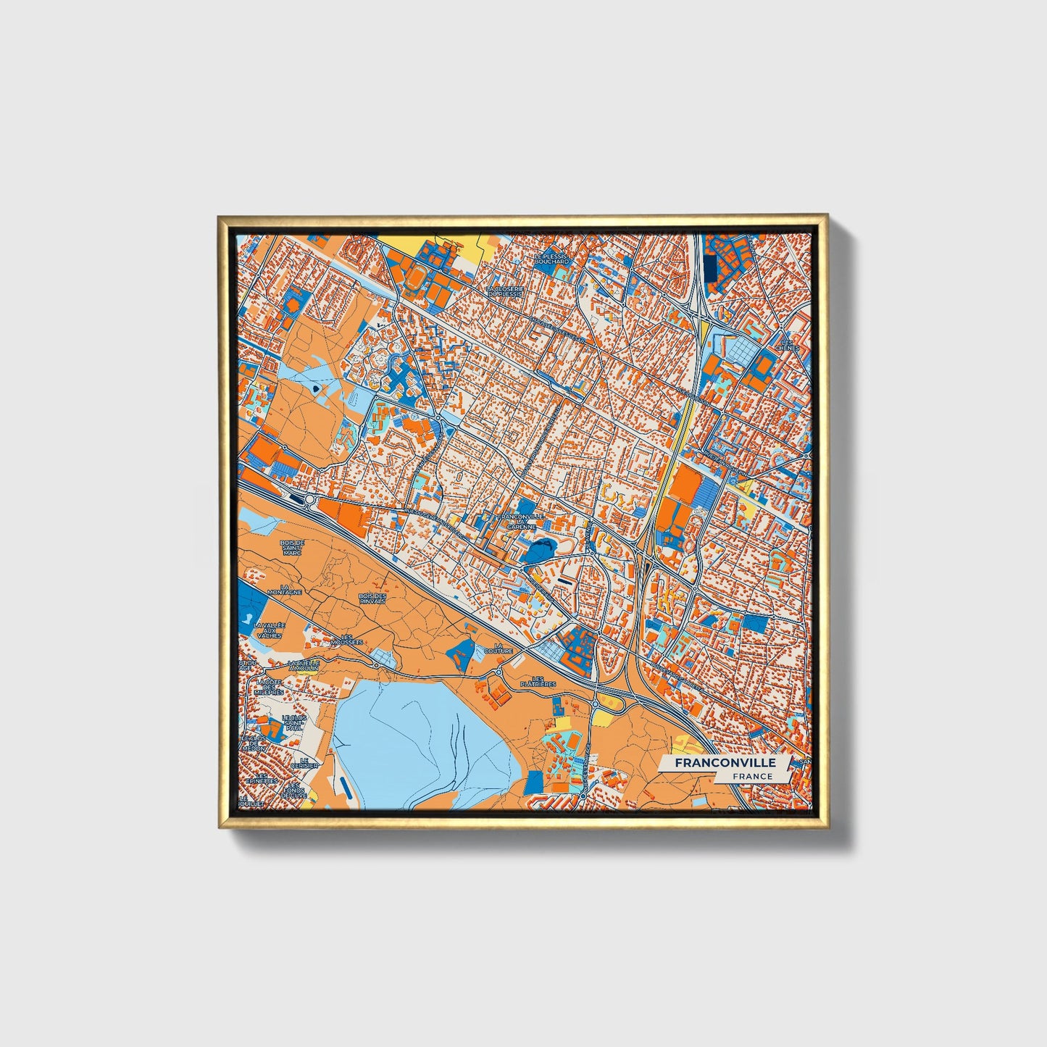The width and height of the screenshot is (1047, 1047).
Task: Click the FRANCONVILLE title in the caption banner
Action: coord(725,763)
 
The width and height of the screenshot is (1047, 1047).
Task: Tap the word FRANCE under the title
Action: coord(752,776)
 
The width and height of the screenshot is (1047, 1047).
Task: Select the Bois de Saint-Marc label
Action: coord(292,547)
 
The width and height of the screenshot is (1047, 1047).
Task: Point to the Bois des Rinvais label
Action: coord(372,598)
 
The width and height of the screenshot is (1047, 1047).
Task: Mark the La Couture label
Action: coord(503,648)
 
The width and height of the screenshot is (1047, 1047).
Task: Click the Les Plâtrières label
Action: coord(538,681)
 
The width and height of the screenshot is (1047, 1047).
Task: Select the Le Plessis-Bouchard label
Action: coord(551,259)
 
